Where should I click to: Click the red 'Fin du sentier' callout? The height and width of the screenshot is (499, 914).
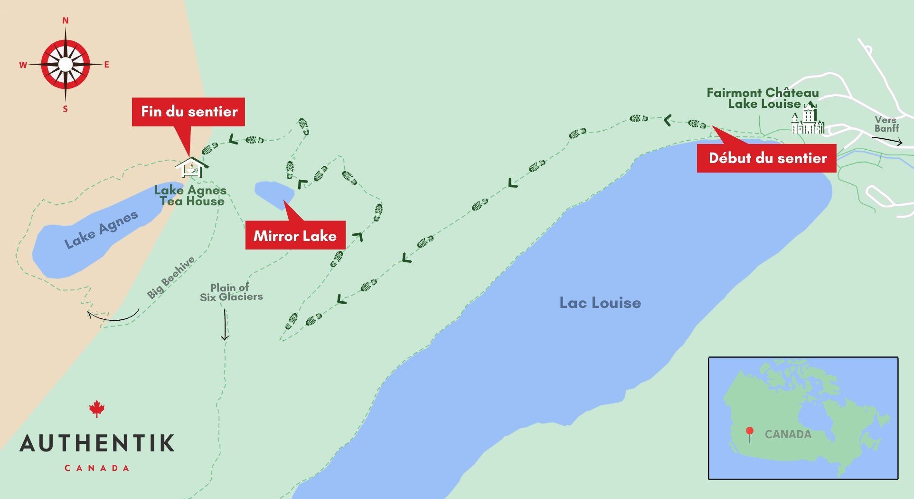[188, 112]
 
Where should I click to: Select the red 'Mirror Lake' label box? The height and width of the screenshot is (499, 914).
[295, 235]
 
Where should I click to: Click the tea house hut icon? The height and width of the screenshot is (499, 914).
[192, 167]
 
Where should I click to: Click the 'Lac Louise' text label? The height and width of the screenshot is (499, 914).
[600, 303]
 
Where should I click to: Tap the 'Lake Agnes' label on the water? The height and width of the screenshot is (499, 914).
[101, 230]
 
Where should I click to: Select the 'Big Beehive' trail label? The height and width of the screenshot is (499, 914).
[170, 277]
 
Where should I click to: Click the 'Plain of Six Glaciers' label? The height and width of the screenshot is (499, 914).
[231, 292]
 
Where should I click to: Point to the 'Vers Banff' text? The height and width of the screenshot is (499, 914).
[886, 124]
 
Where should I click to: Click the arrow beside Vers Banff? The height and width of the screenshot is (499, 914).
[887, 140]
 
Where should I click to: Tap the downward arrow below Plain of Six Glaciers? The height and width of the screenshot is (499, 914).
[225, 325]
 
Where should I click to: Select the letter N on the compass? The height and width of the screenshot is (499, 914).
[66, 20]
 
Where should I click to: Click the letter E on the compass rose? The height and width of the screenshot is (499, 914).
[106, 65]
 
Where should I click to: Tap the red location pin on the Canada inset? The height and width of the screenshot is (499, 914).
[749, 433]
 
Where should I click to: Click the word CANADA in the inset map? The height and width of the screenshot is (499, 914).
[788, 434]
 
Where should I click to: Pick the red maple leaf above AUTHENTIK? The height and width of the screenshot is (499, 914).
[97, 408]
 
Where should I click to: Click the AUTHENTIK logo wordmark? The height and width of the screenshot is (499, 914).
[97, 443]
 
